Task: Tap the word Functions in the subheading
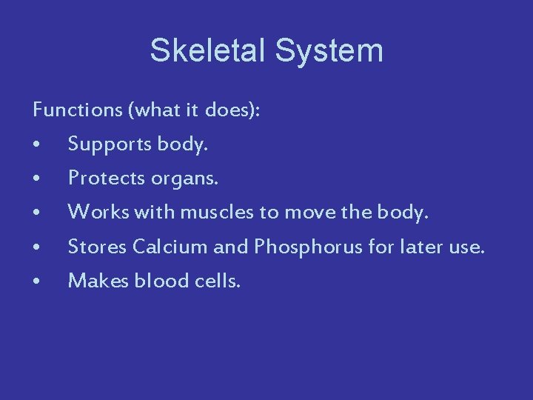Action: [x=78, y=111]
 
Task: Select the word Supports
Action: [x=110, y=145]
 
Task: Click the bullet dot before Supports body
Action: [x=36, y=146]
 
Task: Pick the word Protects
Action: [x=105, y=179]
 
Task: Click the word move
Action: [x=311, y=213]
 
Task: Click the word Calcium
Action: [x=170, y=247]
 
